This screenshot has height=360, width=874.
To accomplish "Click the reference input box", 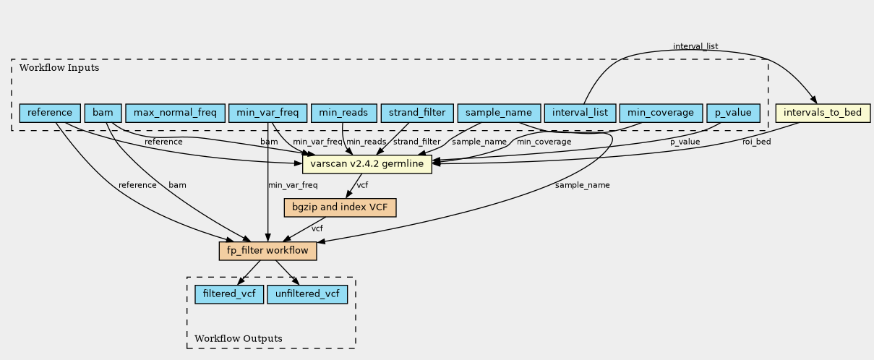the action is click(x=50, y=113).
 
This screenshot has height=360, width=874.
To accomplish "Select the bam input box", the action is click(x=103, y=113).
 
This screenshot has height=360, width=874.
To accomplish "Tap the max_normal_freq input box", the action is click(x=175, y=113).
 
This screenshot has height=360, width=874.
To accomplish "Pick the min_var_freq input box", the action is click(x=267, y=113).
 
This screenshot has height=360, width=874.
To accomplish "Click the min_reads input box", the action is click(x=344, y=113).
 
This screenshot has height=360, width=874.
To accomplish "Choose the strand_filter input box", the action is click(x=417, y=113).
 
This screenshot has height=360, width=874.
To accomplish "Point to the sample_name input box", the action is click(x=499, y=113).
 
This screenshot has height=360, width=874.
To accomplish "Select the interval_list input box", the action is click(x=580, y=113).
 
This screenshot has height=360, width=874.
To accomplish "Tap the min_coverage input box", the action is click(x=661, y=113).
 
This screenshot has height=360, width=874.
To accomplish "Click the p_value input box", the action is click(x=733, y=113).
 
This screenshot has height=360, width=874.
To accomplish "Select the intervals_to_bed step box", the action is click(x=823, y=113).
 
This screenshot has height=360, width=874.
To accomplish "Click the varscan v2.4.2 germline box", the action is click(x=367, y=164).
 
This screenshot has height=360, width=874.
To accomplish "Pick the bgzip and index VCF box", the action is click(x=340, y=207).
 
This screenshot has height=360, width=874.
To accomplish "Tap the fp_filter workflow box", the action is click(x=267, y=251).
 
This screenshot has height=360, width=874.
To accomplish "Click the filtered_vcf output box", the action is click(x=229, y=294).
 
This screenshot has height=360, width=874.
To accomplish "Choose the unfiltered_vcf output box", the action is click(x=307, y=294).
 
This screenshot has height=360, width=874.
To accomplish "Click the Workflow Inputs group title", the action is click(x=59, y=68).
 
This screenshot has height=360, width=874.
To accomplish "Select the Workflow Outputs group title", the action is click(x=239, y=338).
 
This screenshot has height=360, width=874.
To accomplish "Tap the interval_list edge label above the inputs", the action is click(x=695, y=46).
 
